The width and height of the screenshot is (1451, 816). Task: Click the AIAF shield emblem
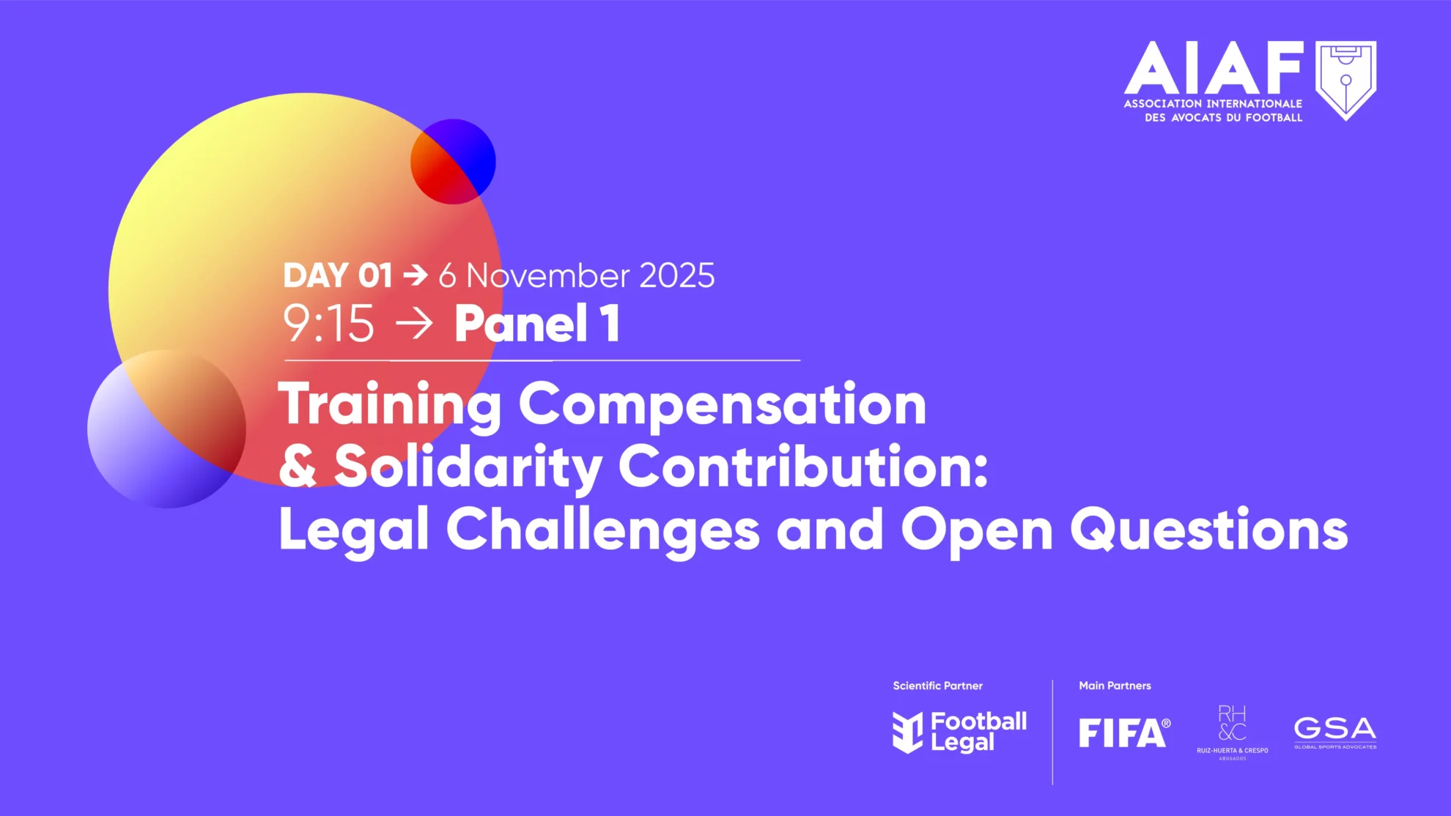point(1345,80)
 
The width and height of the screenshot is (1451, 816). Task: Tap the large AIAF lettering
point(1214,67)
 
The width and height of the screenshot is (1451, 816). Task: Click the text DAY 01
point(338,275)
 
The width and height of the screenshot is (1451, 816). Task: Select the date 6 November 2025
point(577,275)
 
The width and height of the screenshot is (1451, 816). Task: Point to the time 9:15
point(329,323)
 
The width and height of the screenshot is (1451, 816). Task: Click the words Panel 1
point(537,323)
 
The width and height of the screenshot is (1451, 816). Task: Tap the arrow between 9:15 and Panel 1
point(414,324)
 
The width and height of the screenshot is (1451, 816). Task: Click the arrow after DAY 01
point(416,275)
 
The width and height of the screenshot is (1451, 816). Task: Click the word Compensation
point(723,405)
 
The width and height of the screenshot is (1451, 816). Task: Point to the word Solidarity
point(468,467)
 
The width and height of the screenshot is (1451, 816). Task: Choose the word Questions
point(1209,529)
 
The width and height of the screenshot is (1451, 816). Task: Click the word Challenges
point(603,530)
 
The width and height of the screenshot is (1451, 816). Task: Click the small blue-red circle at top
point(453,162)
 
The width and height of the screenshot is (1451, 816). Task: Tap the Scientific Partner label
point(937,686)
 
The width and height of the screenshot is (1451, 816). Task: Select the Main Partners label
point(1115,686)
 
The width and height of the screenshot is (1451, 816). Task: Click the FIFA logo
point(1124,732)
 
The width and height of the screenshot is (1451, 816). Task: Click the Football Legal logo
point(959,732)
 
